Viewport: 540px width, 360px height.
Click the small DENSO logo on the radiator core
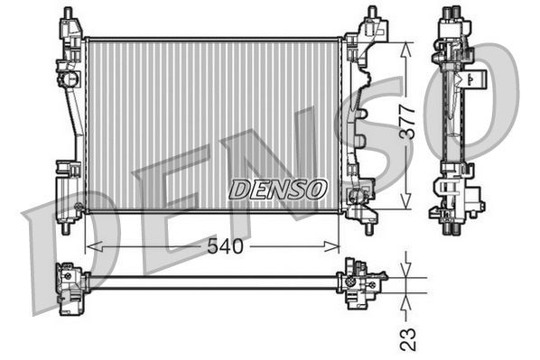pos(278,189)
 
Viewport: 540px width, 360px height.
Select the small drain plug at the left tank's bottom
pos(79,208)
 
